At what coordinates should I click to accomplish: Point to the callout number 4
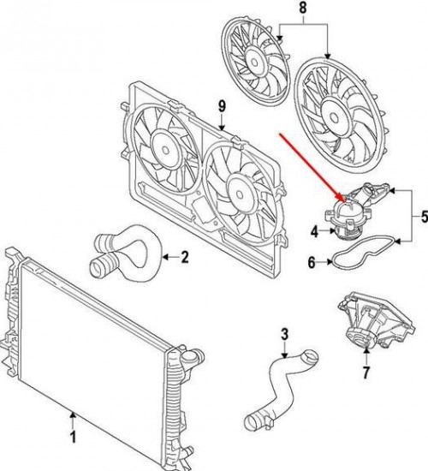coord(314,230)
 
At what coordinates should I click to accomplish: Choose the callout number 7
coord(366,373)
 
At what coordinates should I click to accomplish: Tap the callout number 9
coord(221,105)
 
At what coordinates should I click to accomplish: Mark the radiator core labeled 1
coord(94,343)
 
